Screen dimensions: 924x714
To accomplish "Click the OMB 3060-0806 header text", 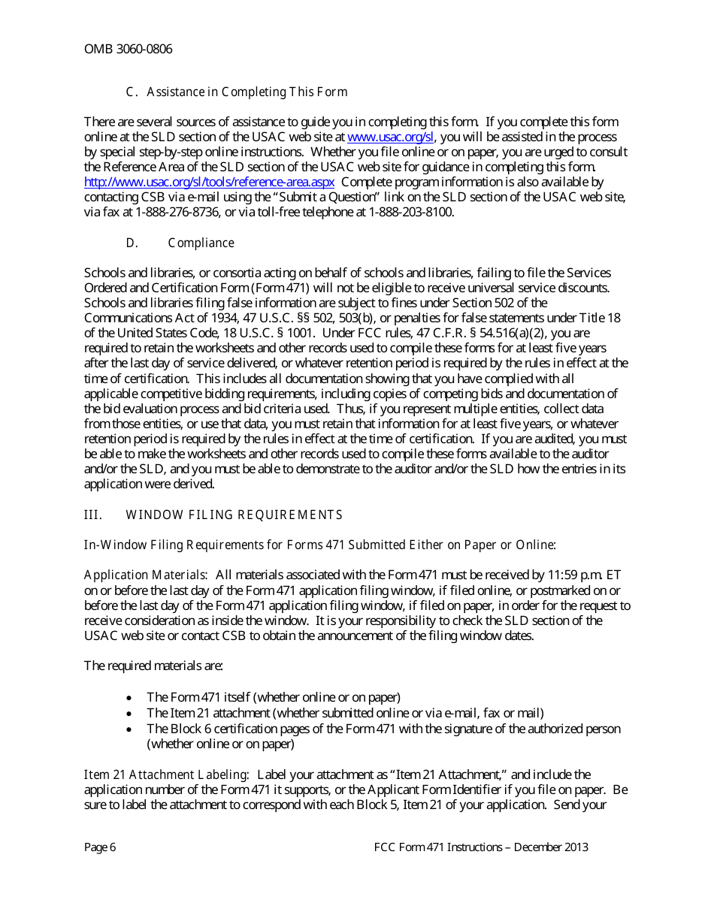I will tap(128, 50).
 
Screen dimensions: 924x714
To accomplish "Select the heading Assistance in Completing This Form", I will tap(247, 92).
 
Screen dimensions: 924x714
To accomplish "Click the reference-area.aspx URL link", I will tap(209, 183).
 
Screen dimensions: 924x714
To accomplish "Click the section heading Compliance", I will tap(201, 243).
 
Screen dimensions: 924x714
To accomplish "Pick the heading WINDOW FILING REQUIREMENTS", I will tap(234, 515).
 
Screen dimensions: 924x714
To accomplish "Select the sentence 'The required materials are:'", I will tap(153, 666).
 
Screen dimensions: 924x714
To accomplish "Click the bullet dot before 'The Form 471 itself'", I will tap(130, 698).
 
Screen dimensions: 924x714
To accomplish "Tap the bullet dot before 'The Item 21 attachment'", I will tap(130, 713).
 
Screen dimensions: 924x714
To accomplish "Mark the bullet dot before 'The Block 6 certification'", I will tap(130, 729).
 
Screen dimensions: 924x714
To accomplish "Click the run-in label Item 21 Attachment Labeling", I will tap(166, 775).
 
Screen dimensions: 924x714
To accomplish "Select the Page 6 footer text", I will tap(100, 847).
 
